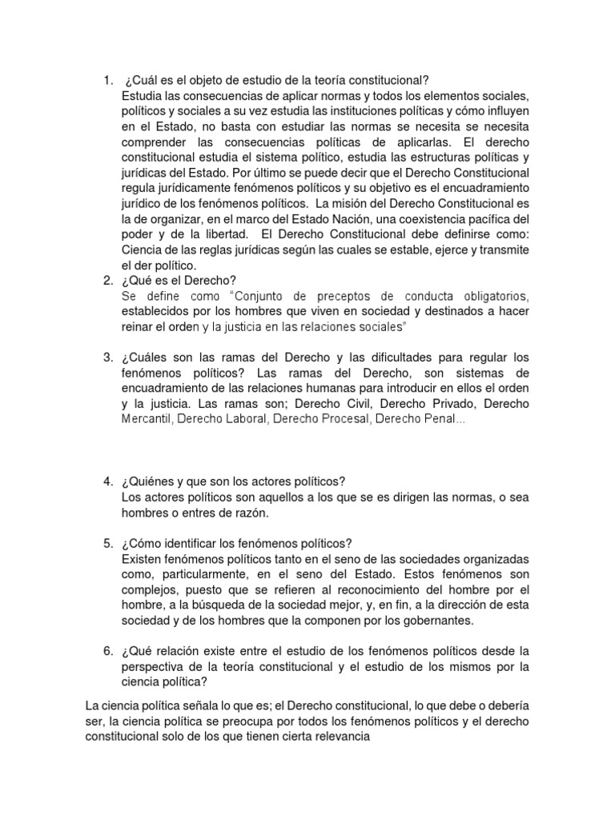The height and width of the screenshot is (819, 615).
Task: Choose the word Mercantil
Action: pos(147,418)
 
